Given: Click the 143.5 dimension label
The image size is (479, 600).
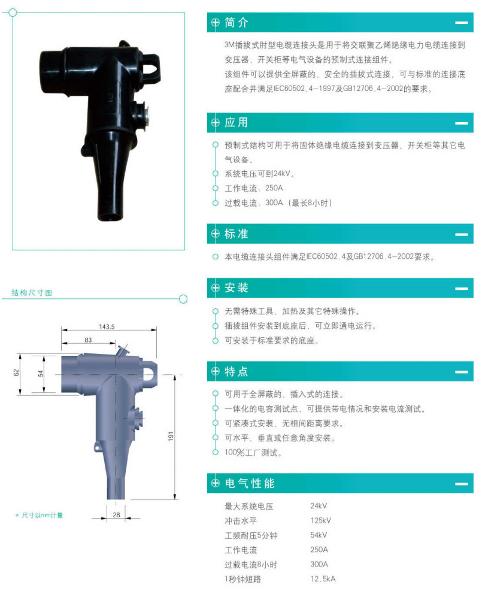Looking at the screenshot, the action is (107, 327).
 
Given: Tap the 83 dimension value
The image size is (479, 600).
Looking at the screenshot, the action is (88, 340).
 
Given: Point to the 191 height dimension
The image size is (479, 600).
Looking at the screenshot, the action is (171, 436).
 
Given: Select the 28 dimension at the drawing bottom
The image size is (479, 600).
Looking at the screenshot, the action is (116, 514).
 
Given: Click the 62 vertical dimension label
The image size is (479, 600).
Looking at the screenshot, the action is (16, 372).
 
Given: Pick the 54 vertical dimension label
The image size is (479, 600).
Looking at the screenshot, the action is (41, 373).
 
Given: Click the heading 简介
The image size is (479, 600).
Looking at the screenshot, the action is (237, 23).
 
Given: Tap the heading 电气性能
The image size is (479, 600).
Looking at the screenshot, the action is (250, 483).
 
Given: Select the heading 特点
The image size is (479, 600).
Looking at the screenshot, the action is (237, 371).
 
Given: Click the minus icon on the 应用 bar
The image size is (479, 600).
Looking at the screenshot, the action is (462, 123).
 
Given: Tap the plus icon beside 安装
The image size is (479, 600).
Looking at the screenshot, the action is (216, 288).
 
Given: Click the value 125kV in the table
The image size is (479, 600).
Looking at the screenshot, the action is (320, 520).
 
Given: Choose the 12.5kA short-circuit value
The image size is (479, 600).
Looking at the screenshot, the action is (323, 579).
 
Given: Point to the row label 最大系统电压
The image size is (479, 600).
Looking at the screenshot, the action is (249, 506).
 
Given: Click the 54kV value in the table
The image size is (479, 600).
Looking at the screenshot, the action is (319, 535).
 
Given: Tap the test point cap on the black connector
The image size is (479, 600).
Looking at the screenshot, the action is (143, 114).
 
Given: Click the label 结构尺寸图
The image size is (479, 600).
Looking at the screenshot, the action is (32, 293).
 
